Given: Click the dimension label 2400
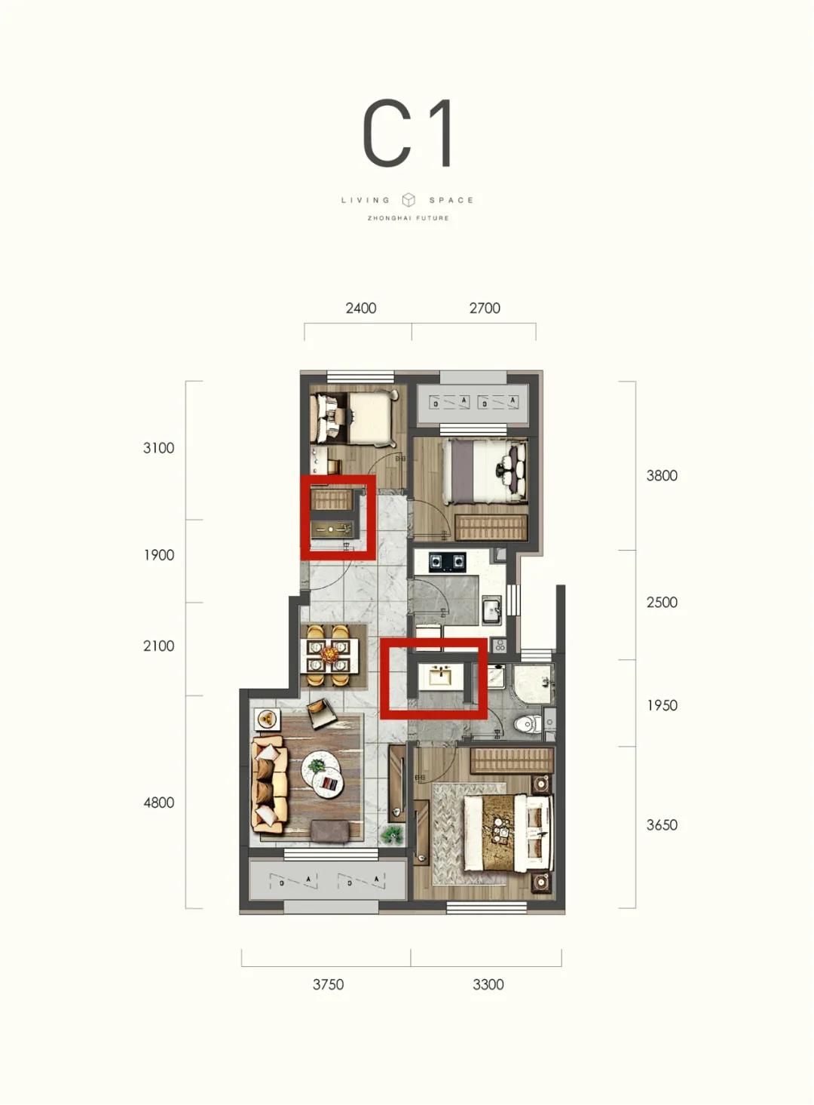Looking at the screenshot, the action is pyautogui.click(x=361, y=308).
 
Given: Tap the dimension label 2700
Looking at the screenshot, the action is pyautogui.click(x=485, y=308).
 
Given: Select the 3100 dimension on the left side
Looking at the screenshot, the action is pyautogui.click(x=159, y=448).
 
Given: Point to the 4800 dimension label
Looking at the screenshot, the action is pyautogui.click(x=159, y=803).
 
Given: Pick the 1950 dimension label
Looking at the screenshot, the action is pyautogui.click(x=663, y=705).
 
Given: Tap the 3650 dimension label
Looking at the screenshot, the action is pyautogui.click(x=663, y=825).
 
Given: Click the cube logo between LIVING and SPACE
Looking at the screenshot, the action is pyautogui.click(x=409, y=200).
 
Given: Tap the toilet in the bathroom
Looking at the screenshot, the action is pyautogui.click(x=525, y=724).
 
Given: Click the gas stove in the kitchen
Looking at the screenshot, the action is pyautogui.click(x=447, y=561).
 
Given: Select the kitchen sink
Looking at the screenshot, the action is pyautogui.click(x=491, y=612).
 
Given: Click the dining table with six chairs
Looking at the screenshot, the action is pyautogui.click(x=329, y=655).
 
